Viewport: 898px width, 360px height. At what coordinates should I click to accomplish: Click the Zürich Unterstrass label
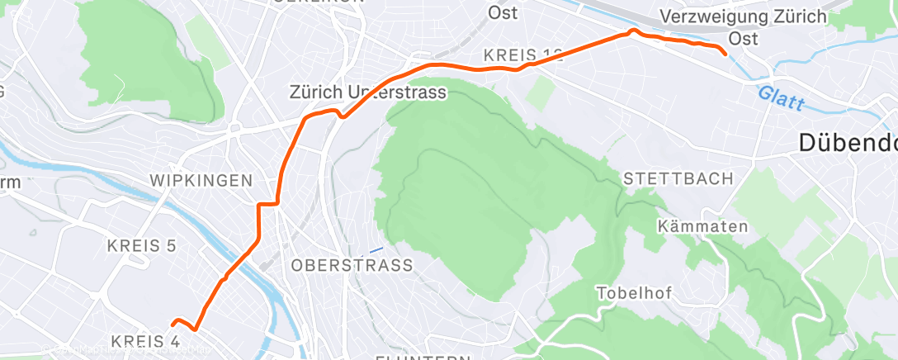tap(367, 93)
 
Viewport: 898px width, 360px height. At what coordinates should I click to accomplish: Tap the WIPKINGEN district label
tap(201, 181)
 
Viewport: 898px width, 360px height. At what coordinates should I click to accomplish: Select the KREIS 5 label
tap(142, 245)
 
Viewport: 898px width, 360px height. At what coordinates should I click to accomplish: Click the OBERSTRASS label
tap(352, 266)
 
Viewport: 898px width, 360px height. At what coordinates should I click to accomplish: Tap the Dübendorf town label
tap(848, 144)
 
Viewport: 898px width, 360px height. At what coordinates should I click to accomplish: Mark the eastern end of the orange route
tap(725, 54)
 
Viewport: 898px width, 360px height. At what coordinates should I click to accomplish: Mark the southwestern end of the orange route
tap(173, 322)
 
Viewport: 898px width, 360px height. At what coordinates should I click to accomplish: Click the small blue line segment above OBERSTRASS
tap(376, 250)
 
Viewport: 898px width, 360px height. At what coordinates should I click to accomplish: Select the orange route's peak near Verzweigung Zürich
tap(633, 31)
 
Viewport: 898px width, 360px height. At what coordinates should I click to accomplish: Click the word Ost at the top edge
tap(503, 12)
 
